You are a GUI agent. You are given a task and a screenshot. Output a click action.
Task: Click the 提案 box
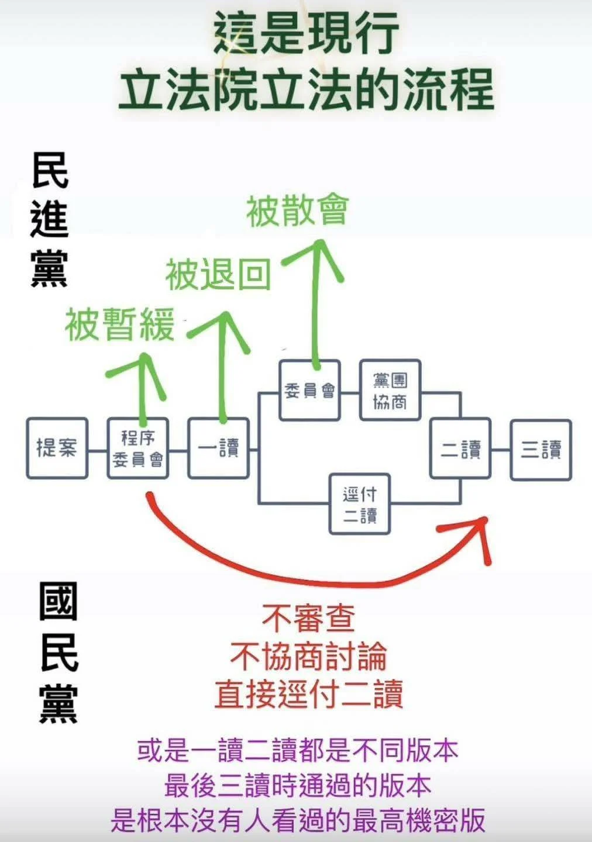pyautogui.click(x=57, y=448)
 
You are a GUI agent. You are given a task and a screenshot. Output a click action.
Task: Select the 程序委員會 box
pyautogui.click(x=138, y=448)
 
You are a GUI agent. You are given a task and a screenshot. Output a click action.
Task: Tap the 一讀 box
pyautogui.click(x=219, y=448)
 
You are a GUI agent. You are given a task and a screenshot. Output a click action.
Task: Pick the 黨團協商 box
pyautogui.click(x=390, y=390)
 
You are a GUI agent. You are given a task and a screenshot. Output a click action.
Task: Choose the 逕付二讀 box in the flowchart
pyautogui.click(x=360, y=504)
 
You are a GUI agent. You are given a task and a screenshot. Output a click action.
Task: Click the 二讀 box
pyautogui.click(x=461, y=448)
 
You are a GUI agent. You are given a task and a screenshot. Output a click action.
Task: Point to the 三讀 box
pyautogui.click(x=541, y=450)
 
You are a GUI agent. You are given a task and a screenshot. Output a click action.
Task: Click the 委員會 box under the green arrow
pyautogui.click(x=309, y=390)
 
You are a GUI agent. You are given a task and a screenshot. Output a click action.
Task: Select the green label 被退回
pyautogui.click(x=218, y=275)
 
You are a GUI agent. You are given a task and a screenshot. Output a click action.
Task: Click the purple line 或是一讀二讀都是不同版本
pyautogui.click(x=298, y=750)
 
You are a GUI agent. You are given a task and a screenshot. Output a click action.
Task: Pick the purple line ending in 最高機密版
pyautogui.click(x=298, y=819)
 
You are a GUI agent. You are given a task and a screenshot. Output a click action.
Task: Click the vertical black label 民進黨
pyautogui.click(x=50, y=220)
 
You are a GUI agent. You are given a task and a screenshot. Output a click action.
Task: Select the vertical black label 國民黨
pyautogui.click(x=58, y=653)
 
